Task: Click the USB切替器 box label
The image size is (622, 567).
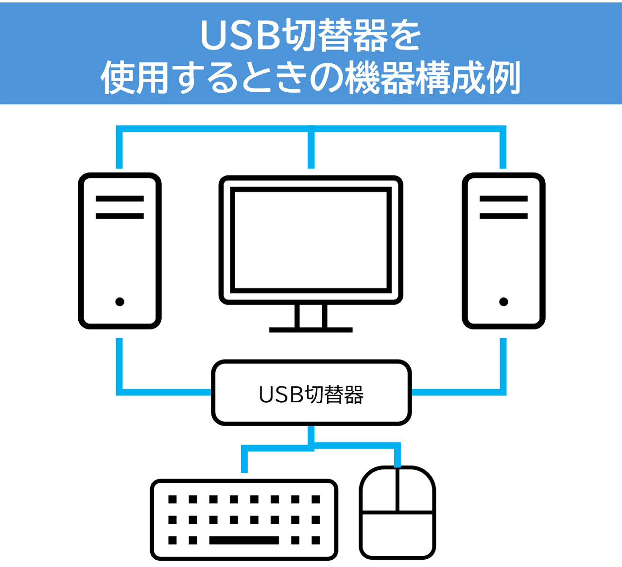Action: tap(311, 395)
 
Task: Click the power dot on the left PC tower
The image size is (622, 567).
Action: tap(120, 302)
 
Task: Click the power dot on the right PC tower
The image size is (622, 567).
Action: tap(503, 302)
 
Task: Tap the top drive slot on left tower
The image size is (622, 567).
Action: tap(120, 199)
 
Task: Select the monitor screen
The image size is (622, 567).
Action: tap(311, 240)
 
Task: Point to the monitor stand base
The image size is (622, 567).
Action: tap(311, 330)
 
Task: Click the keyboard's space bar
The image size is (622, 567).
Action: tap(244, 540)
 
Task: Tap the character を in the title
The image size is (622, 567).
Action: tap(406, 35)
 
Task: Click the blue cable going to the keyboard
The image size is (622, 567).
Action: tap(244, 459)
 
